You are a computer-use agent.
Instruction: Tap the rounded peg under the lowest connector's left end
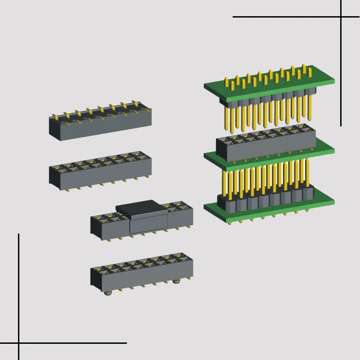pos(107,293)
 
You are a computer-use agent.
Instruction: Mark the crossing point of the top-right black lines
pos(341,17)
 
